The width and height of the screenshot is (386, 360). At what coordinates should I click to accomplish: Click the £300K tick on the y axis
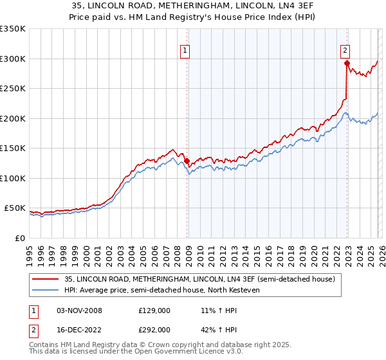click(x=13, y=59)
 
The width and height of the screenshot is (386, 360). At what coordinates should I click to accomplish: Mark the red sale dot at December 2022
click(x=347, y=63)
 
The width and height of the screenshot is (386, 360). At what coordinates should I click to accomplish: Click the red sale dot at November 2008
click(x=187, y=161)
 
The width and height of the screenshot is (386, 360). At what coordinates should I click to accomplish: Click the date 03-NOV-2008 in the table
click(x=80, y=310)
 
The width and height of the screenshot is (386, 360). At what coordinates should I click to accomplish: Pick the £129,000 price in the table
click(x=154, y=310)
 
